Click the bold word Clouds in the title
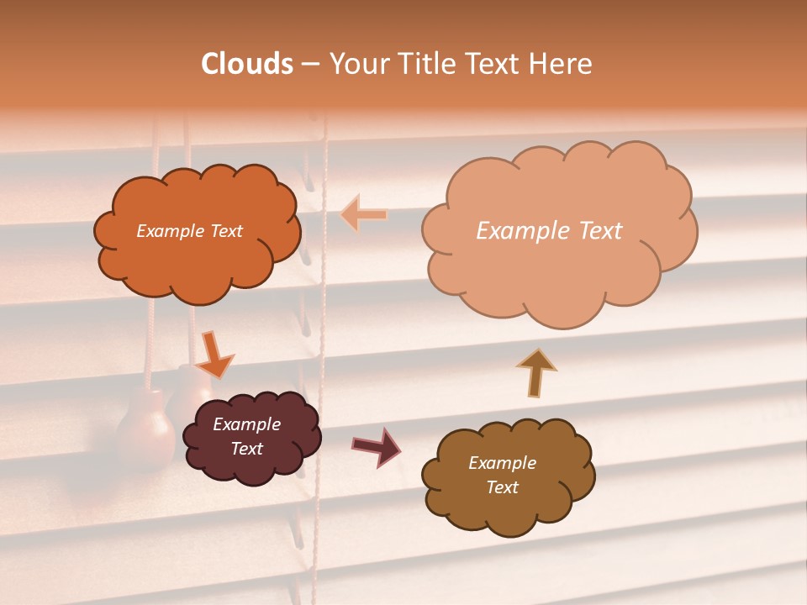[247, 64]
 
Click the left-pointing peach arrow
[363, 215]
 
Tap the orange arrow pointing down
[215, 354]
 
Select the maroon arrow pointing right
[377, 446]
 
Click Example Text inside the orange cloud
[189, 231]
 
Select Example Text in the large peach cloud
[549, 231]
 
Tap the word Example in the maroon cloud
[246, 424]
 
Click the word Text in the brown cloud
[502, 487]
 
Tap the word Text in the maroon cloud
[246, 449]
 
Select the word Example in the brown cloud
[502, 463]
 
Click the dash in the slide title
[310, 64]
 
